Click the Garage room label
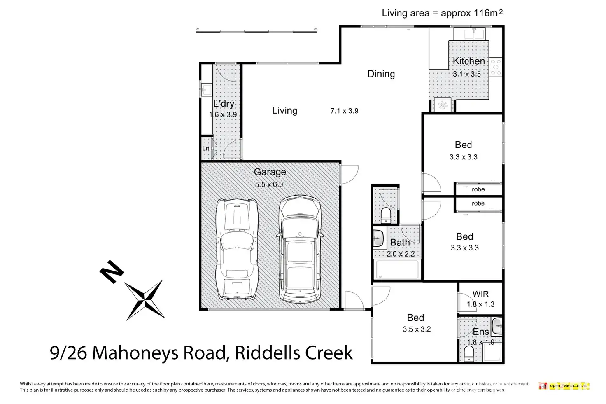[270, 172]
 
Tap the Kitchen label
[468, 61]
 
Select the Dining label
[381, 74]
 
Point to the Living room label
[284, 110]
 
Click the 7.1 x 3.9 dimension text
[344, 111]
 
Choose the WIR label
[480, 294]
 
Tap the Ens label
[480, 332]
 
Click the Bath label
[400, 243]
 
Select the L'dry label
[224, 104]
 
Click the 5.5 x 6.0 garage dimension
[269, 184]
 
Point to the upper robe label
[478, 189]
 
